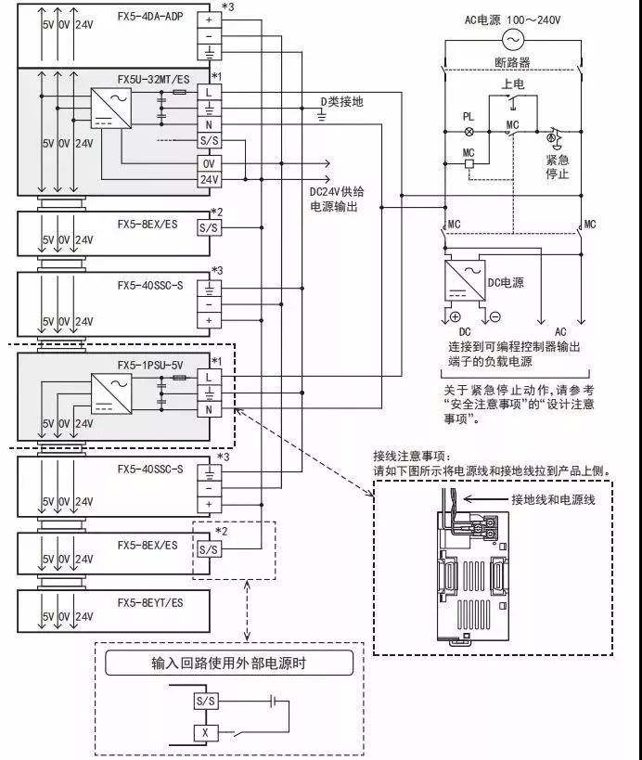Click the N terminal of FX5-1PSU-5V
click(210, 410)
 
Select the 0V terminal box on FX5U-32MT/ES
click(210, 161)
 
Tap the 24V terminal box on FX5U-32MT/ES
click(210, 178)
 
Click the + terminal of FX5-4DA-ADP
click(210, 19)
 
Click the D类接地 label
click(341, 101)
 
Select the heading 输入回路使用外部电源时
click(228, 663)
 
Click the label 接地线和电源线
click(553, 499)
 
